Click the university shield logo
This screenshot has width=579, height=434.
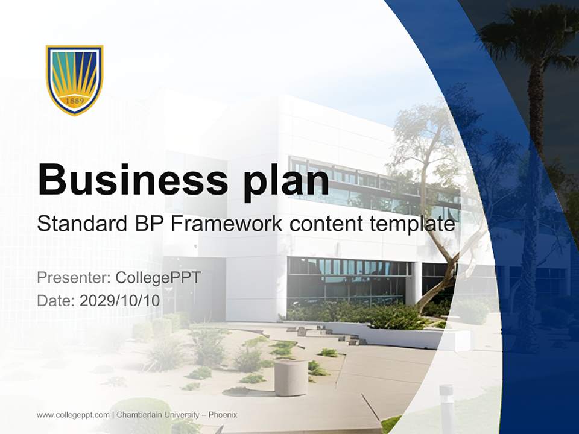tap(75, 79)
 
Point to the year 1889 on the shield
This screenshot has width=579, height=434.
tap(75, 101)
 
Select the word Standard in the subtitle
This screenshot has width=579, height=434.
tap(80, 224)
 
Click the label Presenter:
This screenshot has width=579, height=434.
tap(73, 278)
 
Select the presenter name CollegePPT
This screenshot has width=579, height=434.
tap(157, 278)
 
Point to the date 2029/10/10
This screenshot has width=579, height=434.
tap(120, 301)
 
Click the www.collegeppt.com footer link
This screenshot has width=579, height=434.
tap(73, 415)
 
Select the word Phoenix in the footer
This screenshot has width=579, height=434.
tap(223, 415)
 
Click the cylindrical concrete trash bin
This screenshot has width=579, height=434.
tap(291, 378)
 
